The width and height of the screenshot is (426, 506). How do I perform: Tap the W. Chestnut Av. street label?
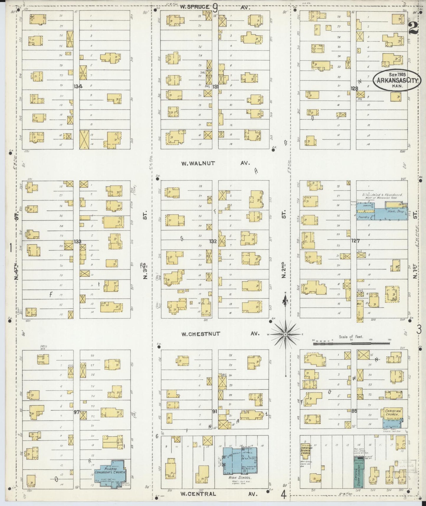(220, 334)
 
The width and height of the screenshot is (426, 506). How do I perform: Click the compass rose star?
(285, 334)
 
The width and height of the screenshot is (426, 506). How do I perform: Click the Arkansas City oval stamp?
(396, 80)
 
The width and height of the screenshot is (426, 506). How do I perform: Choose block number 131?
(215, 86)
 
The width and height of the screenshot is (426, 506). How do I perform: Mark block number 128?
(354, 88)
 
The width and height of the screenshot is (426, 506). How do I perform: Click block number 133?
(77, 241)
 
